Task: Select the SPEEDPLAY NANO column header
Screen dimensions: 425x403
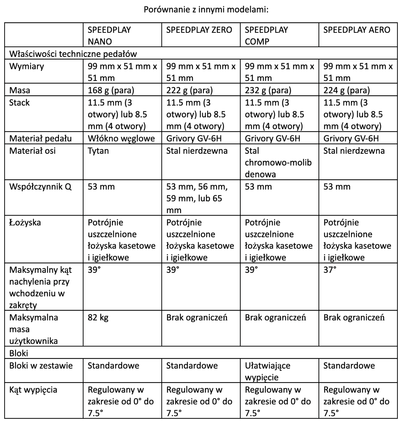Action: (x=109, y=36)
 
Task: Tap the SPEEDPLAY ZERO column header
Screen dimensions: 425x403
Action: (x=199, y=30)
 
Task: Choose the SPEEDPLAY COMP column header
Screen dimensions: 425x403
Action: (x=266, y=36)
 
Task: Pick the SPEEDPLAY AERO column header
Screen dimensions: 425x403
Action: (x=357, y=30)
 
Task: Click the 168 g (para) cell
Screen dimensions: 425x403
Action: (x=111, y=90)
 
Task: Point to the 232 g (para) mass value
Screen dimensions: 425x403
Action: (x=268, y=90)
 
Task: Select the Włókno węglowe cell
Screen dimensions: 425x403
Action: (x=121, y=138)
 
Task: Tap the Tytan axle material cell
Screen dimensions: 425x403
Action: (x=98, y=151)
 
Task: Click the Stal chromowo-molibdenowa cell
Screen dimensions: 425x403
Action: (x=278, y=163)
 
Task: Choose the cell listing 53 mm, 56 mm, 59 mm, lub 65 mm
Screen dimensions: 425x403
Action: (x=196, y=198)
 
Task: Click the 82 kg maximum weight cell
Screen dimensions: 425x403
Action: (x=98, y=317)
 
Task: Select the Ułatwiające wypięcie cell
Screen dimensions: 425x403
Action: (x=267, y=371)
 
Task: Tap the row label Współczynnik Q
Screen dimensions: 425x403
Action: (x=40, y=187)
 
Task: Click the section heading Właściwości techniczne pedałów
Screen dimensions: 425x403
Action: (x=73, y=54)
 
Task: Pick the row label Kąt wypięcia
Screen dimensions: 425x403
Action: (x=33, y=390)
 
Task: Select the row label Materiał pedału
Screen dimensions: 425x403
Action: (x=40, y=138)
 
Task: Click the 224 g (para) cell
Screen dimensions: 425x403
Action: (x=347, y=90)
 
